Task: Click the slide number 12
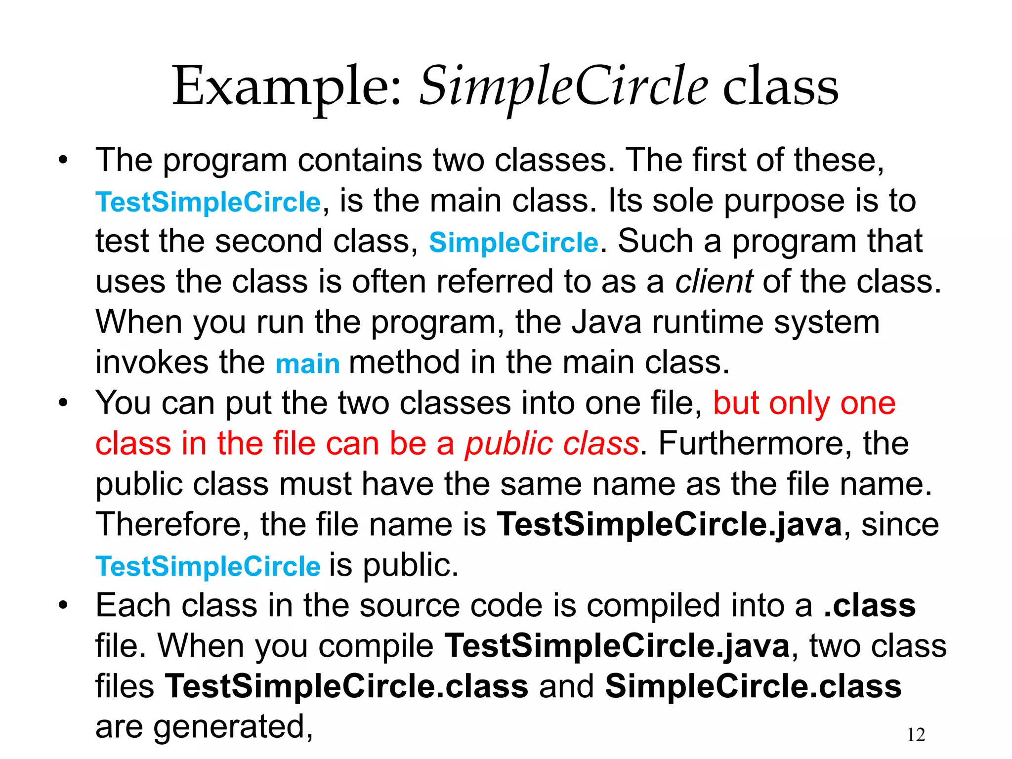point(916,735)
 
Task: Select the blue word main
point(307,364)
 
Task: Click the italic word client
point(714,282)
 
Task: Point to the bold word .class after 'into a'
point(870,606)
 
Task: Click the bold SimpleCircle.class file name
point(754,686)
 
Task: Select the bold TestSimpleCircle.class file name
point(346,686)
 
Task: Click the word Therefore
point(172,524)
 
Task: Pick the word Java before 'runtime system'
point(606,323)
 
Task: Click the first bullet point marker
point(62,161)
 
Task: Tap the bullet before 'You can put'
point(62,403)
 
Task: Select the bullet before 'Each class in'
point(62,606)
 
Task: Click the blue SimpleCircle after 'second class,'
point(513,243)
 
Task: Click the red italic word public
point(509,444)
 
